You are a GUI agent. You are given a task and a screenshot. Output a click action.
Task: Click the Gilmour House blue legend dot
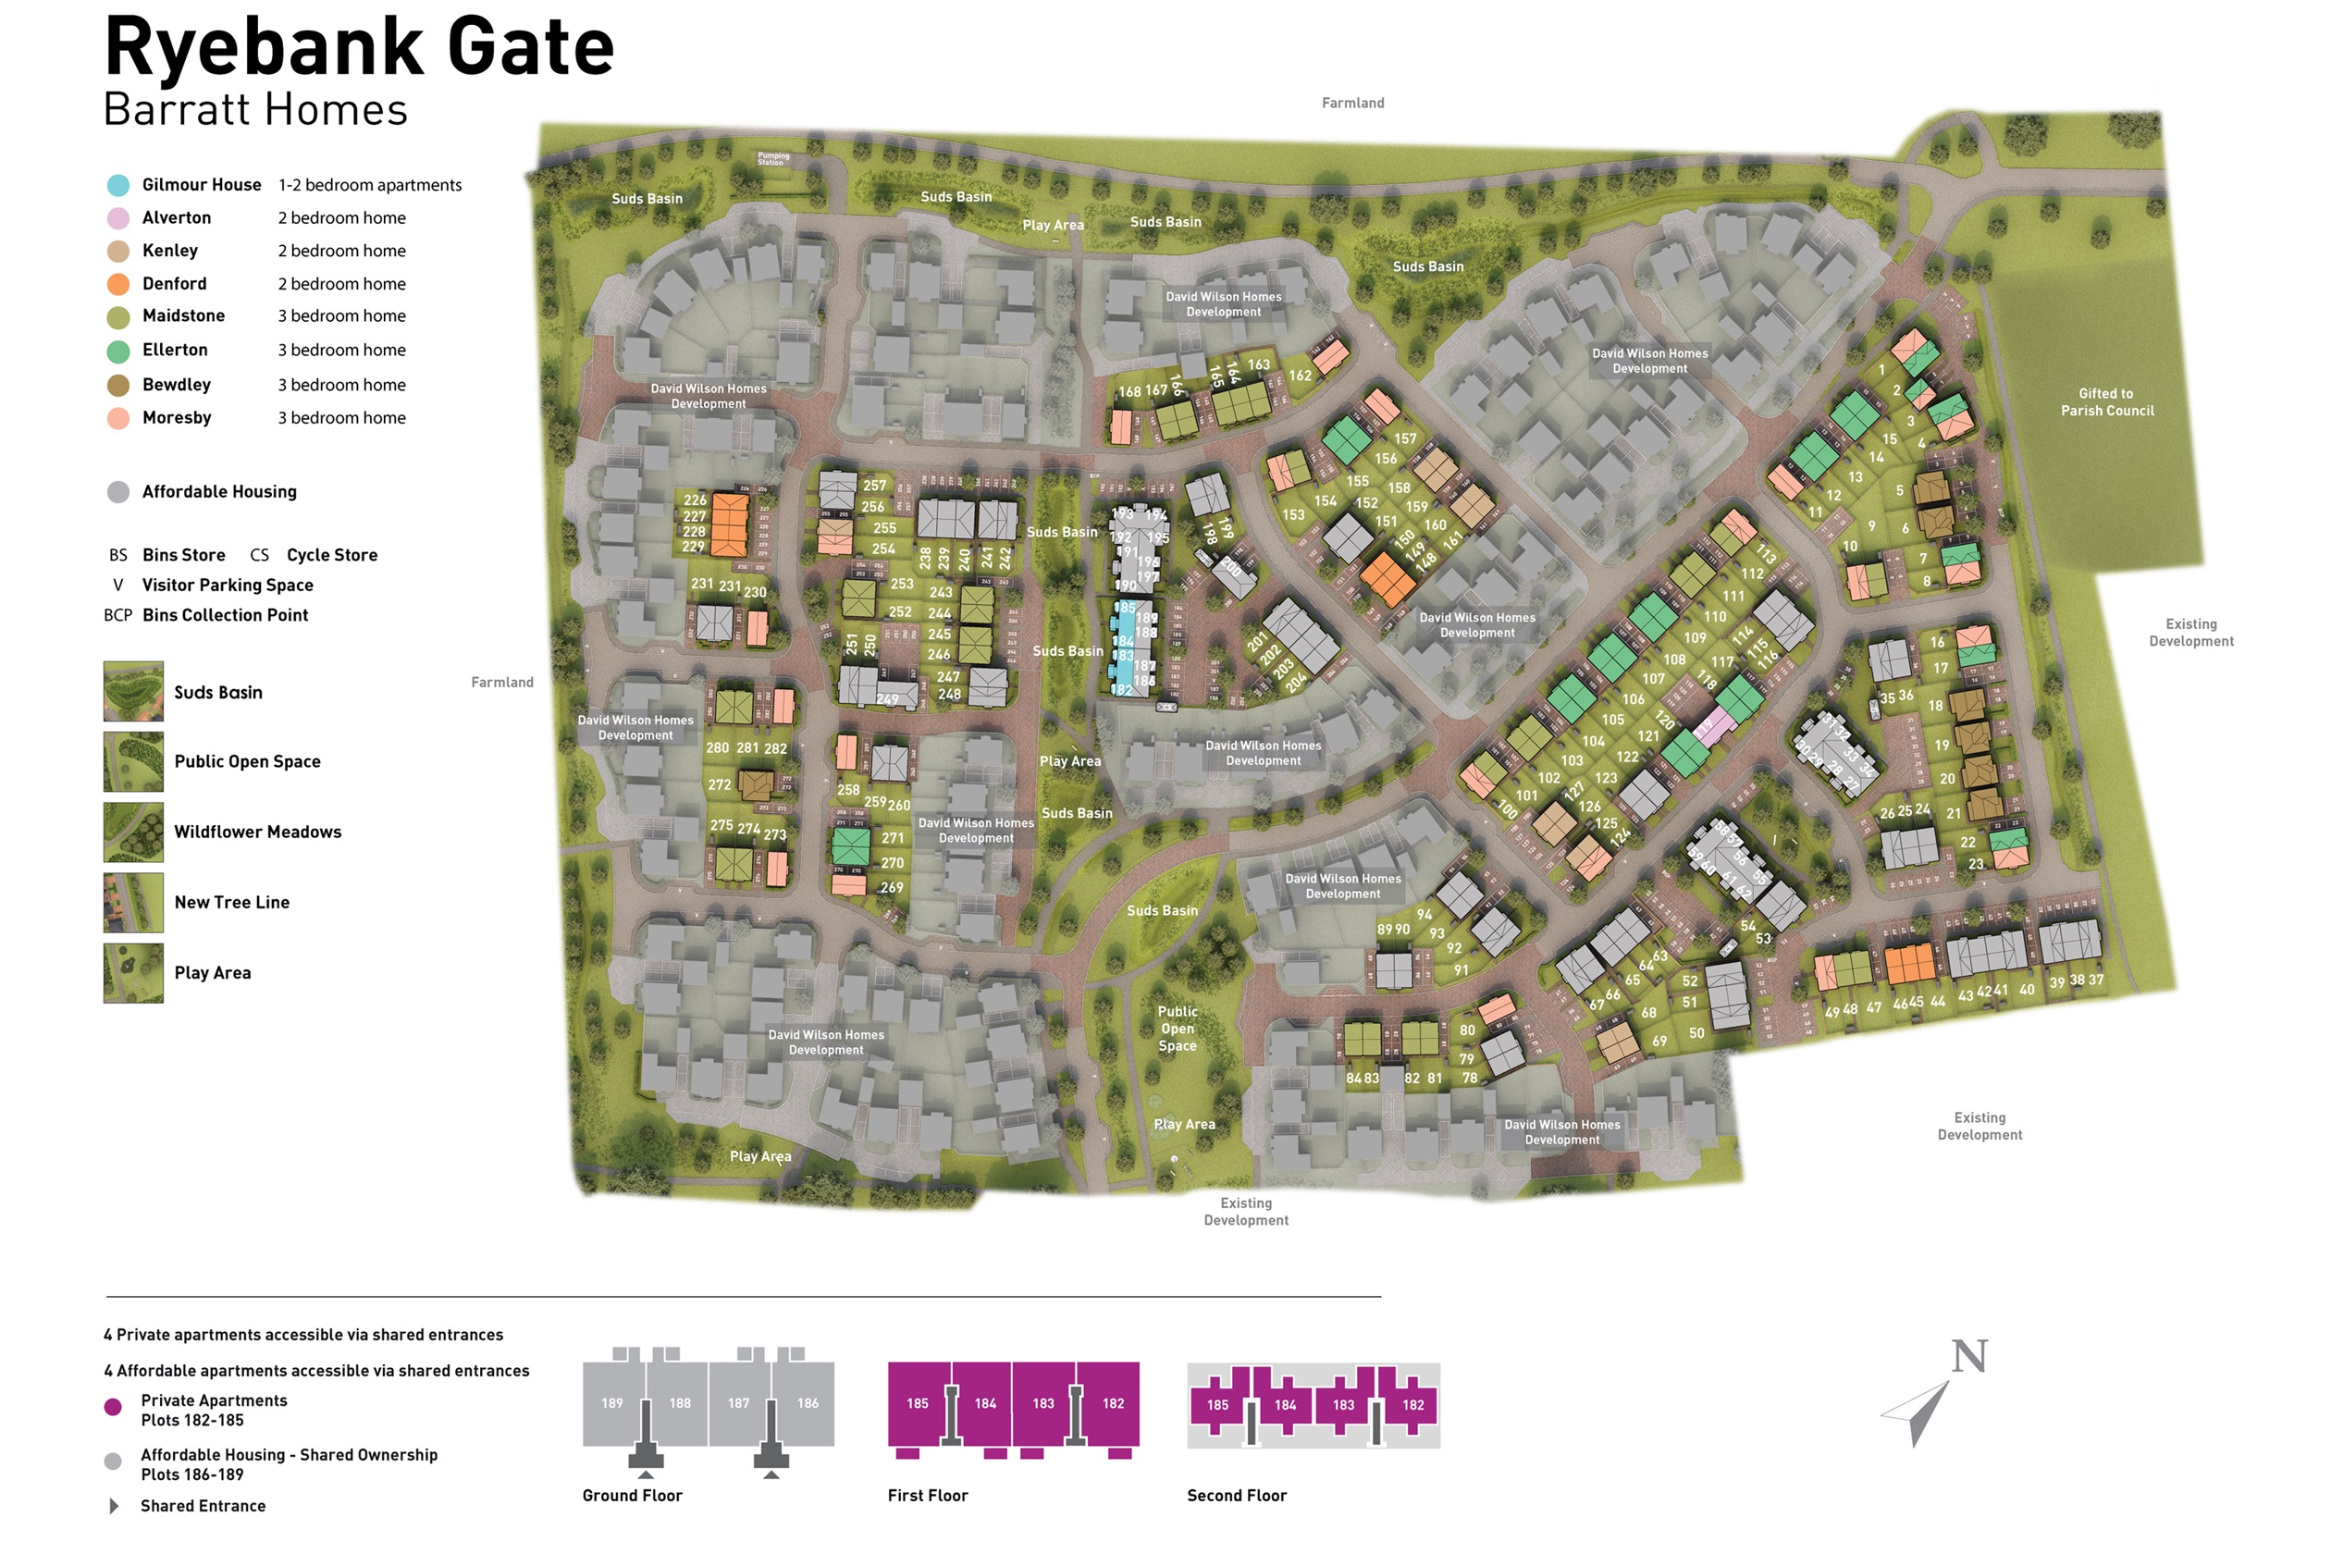point(118,185)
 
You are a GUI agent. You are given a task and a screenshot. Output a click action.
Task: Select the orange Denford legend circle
point(118,285)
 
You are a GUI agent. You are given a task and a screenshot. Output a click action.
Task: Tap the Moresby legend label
point(177,418)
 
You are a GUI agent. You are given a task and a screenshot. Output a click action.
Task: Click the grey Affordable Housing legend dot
point(118,492)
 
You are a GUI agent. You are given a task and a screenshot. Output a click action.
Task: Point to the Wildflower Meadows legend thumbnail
point(134,832)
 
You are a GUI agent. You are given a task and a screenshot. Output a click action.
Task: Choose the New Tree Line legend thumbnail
point(134,903)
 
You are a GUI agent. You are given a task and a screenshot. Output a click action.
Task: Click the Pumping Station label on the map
point(773,158)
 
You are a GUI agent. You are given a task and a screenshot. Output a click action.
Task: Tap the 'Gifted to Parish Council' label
point(2107,402)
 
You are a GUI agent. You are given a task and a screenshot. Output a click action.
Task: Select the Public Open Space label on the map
point(1178,1029)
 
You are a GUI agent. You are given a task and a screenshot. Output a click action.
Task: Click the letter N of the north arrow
point(1969,1356)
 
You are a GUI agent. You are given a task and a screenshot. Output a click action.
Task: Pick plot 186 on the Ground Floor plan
point(808,1403)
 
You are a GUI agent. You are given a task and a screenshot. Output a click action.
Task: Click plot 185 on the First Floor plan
point(918,1403)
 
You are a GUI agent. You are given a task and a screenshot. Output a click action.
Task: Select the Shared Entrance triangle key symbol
point(114,1507)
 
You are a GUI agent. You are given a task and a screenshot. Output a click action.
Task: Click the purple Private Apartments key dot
point(113,1407)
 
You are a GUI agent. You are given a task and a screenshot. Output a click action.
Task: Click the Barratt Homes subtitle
point(255,110)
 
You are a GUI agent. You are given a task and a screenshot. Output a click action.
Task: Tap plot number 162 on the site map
point(1300,376)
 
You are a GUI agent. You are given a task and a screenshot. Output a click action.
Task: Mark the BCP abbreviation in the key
point(118,615)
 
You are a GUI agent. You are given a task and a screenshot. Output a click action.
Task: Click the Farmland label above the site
point(1352,103)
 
